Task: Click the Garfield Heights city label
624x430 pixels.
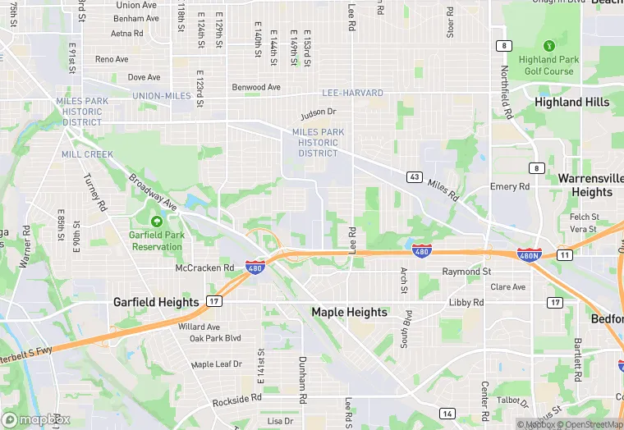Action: pyautogui.click(x=156, y=302)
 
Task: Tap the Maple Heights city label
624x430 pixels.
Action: pyautogui.click(x=349, y=312)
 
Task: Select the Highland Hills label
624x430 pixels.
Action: pyautogui.click(x=572, y=102)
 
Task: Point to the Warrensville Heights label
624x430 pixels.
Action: pyautogui.click(x=585, y=185)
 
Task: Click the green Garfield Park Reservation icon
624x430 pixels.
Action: pyautogui.click(x=156, y=222)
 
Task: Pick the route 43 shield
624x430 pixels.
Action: pyautogui.click(x=414, y=176)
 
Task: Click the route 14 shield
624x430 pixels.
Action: pyautogui.click(x=447, y=413)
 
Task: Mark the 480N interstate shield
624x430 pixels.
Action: pyautogui.click(x=530, y=255)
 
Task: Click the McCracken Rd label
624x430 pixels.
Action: pyautogui.click(x=205, y=268)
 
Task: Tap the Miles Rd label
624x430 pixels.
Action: pyautogui.click(x=443, y=192)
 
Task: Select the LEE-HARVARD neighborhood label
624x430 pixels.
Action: pyautogui.click(x=352, y=93)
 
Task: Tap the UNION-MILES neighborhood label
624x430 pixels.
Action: pyautogui.click(x=162, y=96)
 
